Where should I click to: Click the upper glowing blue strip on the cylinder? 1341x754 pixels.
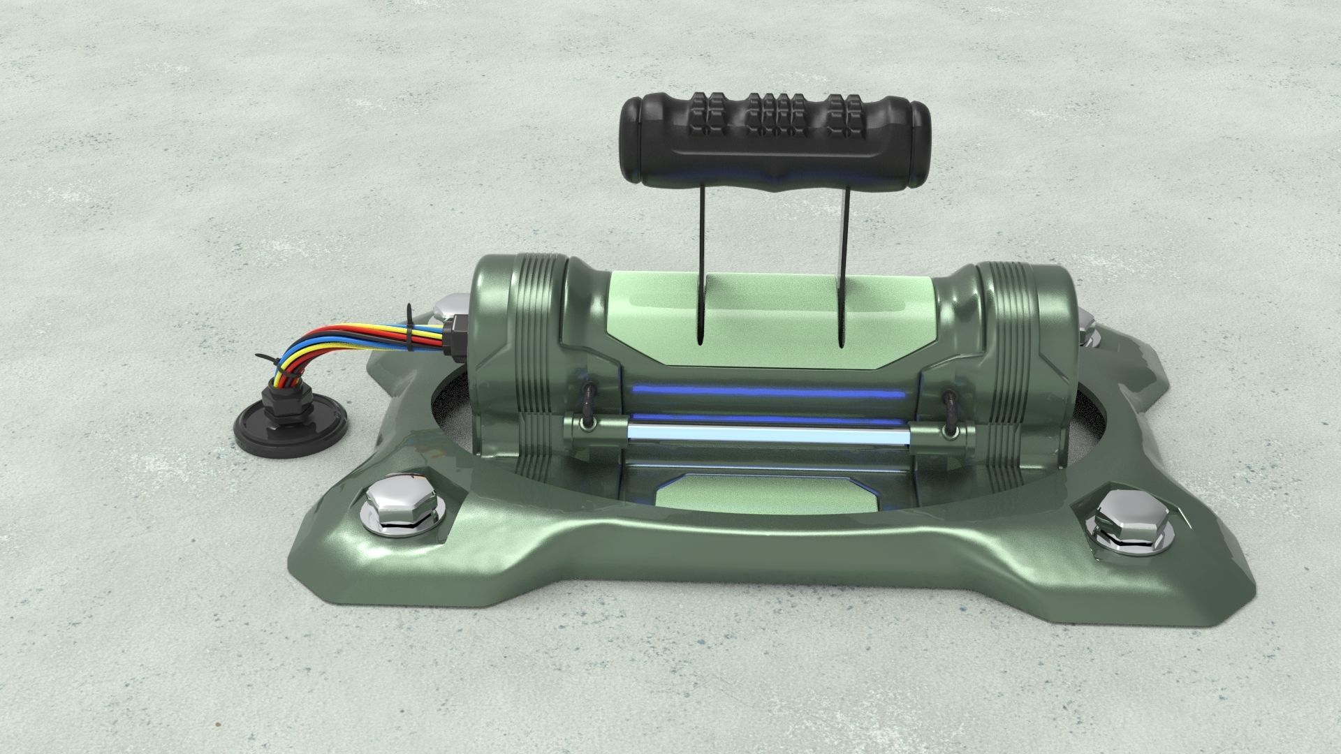(x=768, y=393)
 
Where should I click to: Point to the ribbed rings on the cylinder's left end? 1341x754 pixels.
(x=538, y=363)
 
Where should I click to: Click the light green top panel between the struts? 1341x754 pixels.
(x=772, y=307)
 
